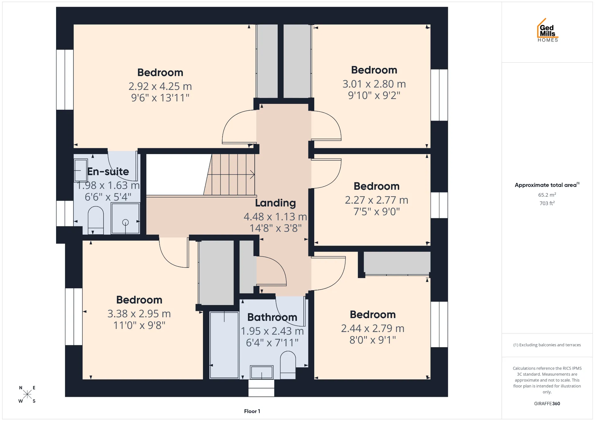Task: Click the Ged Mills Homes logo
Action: point(548,30)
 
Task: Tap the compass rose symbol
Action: point(27,394)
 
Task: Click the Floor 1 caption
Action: point(252,411)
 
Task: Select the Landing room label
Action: point(275,203)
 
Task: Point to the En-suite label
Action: point(108,171)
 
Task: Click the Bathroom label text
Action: point(272,317)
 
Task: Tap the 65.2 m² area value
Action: point(547,195)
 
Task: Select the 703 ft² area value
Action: point(547,203)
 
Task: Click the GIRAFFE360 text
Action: point(547,403)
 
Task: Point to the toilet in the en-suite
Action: point(96,220)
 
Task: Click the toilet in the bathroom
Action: point(288,365)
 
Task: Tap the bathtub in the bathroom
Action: point(224,345)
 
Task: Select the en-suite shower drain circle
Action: point(126,222)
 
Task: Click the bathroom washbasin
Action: point(262,372)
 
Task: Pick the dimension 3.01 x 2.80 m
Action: point(374,84)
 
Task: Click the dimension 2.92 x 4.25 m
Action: point(160,86)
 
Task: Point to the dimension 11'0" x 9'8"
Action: point(139,325)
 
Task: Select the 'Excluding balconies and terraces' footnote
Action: point(547,345)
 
